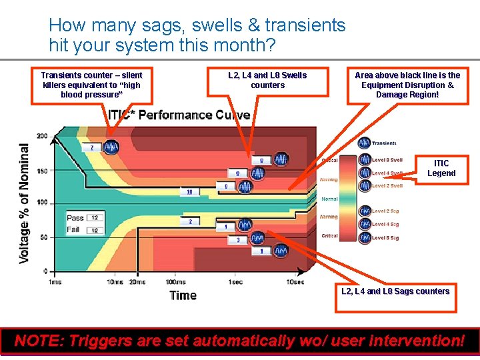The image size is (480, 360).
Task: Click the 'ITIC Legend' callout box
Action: [441, 169]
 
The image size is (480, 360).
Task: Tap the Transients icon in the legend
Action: [365, 143]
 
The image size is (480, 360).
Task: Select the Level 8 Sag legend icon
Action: [365, 237]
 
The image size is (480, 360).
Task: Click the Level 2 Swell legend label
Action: [387, 186]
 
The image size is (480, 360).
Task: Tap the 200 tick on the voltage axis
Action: [42, 136]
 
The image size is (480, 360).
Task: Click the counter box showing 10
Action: [189, 192]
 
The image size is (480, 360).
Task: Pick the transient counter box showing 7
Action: [92, 147]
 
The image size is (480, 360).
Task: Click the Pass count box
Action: [94, 218]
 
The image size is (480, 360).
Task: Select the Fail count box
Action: [94, 230]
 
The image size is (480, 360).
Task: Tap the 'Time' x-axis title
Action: [183, 295]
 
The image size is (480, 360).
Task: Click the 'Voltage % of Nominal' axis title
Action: [25, 203]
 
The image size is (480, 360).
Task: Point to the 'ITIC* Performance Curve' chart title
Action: [179, 115]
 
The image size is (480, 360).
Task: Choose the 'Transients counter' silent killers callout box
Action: [91, 85]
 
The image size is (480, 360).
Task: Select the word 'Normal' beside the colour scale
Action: [329, 199]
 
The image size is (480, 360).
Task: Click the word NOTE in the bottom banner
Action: [39, 341]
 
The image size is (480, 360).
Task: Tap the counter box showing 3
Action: [238, 239]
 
